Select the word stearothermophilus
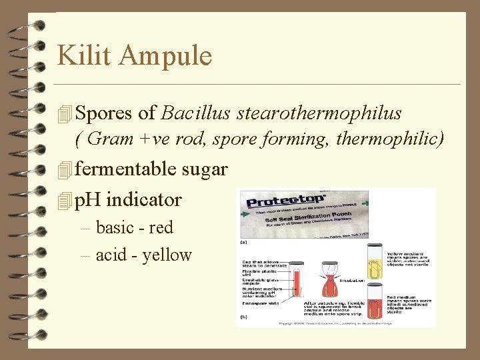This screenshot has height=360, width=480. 319,113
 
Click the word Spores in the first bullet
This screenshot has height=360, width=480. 104,113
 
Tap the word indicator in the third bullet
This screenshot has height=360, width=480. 143,199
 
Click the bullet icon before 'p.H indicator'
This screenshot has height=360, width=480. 64,200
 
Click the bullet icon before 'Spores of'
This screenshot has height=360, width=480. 64,114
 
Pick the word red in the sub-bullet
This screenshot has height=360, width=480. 161,228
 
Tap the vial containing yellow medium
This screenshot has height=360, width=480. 376,263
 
